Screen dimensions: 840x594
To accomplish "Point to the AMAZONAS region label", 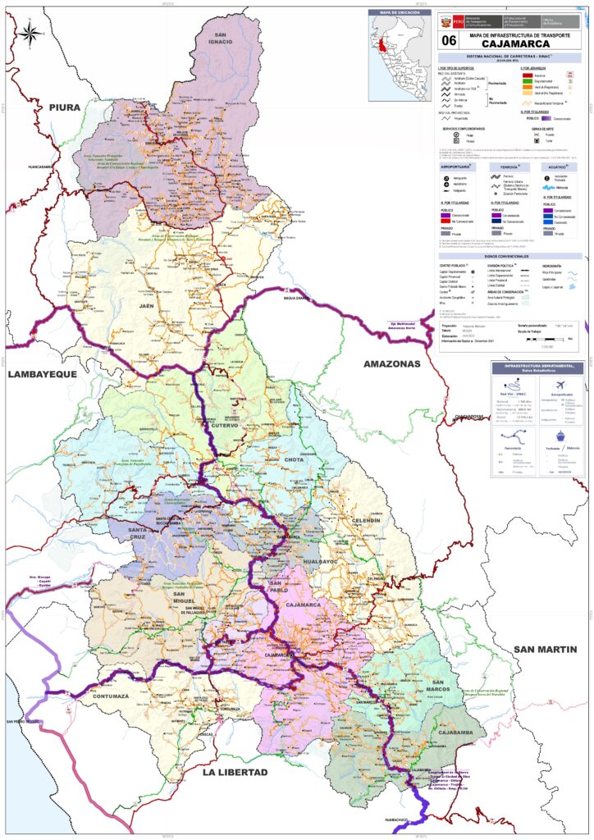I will [392, 363].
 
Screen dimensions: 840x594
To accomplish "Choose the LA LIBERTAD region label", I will [235, 773].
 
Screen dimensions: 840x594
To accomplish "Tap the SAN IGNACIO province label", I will [220, 39].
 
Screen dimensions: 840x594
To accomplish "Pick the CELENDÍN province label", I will [365, 521].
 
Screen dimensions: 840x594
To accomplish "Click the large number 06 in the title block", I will [449, 39].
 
